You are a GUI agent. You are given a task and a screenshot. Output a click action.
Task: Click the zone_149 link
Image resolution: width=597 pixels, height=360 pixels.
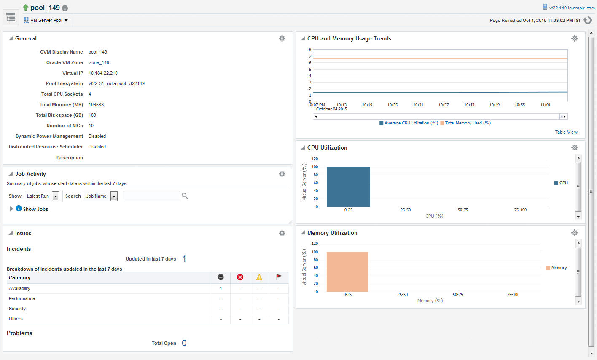(99, 62)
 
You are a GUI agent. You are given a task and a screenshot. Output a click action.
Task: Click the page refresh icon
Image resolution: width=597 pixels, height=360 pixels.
(587, 20)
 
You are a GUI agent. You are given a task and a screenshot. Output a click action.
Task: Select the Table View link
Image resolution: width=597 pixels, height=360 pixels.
(566, 132)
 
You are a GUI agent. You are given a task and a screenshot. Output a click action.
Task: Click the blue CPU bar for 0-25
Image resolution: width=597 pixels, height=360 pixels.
(348, 187)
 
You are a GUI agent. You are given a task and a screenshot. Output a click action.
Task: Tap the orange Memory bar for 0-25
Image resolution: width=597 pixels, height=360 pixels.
(347, 272)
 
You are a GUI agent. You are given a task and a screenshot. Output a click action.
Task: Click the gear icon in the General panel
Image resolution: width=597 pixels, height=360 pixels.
(282, 38)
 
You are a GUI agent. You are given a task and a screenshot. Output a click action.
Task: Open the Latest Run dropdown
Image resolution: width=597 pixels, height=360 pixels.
(43, 196)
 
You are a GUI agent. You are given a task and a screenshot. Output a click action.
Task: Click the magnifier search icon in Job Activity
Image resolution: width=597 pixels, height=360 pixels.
(185, 196)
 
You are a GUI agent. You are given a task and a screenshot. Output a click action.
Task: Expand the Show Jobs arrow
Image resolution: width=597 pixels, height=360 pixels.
(11, 209)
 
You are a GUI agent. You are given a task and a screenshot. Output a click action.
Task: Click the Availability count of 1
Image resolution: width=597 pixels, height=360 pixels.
(221, 288)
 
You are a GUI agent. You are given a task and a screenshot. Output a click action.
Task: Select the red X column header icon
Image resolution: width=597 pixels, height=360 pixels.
(240, 277)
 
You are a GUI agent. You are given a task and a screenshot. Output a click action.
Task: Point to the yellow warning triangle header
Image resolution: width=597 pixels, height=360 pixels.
(259, 277)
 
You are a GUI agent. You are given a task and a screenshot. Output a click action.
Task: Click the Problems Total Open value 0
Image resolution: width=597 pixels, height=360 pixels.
(184, 343)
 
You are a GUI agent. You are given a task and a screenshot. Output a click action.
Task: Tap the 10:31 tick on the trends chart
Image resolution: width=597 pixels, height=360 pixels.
(418, 105)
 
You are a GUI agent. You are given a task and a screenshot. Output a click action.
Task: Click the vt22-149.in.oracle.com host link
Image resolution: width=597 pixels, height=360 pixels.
(572, 8)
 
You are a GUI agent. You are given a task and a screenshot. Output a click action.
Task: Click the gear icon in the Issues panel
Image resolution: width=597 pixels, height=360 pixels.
(282, 233)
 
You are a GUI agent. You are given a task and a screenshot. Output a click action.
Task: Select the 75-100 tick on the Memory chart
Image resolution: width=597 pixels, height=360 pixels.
(513, 295)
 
